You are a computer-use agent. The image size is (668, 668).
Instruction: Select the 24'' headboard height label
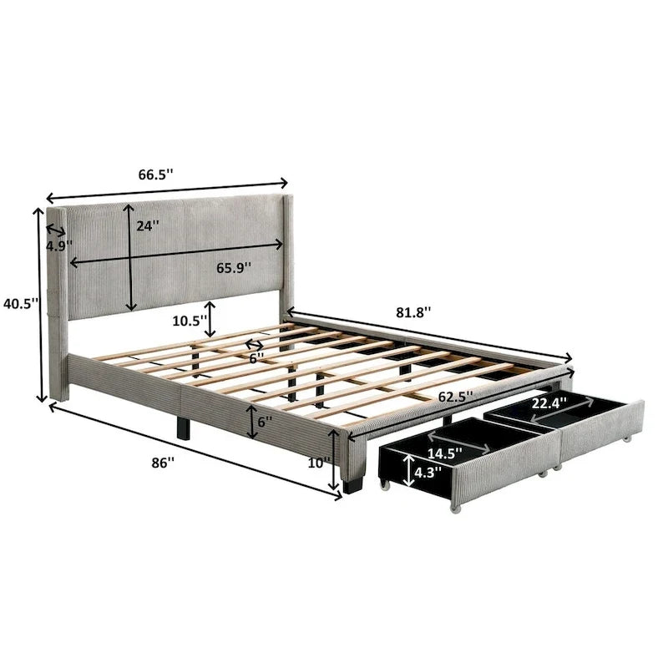(148, 225)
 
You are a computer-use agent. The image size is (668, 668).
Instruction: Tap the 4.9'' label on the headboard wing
(59, 246)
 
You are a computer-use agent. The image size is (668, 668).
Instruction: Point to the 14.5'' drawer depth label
(444, 455)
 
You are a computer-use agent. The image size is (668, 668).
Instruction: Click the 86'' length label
(165, 461)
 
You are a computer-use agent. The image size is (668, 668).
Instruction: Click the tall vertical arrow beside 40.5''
(38, 304)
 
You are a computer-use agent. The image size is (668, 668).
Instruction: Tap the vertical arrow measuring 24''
(129, 256)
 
